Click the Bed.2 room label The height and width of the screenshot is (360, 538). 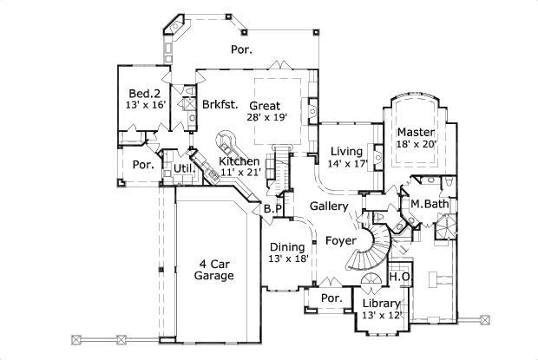[145, 94]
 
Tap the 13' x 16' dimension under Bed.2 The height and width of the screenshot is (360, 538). [145, 106]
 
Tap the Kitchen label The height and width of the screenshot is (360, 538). [239, 161]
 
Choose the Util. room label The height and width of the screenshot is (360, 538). [183, 167]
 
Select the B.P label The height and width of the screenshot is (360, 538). [271, 208]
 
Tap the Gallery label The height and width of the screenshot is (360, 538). [329, 206]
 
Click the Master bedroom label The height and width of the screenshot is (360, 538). [415, 133]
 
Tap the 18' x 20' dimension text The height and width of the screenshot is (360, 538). [415, 145]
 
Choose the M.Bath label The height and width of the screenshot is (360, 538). [429, 204]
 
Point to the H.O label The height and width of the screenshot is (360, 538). [400, 277]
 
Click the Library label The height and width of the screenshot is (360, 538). [382, 304]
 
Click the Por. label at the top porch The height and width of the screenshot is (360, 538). [242, 49]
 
